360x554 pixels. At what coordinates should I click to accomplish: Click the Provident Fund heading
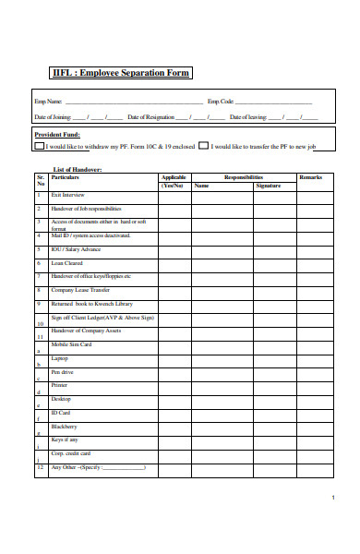click(x=58, y=133)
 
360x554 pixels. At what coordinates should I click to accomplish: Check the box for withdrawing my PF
click(x=39, y=146)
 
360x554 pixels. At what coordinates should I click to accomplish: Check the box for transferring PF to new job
click(x=204, y=146)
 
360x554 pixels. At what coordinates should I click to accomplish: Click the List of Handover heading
click(x=78, y=169)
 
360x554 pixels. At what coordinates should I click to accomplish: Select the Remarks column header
click(x=310, y=176)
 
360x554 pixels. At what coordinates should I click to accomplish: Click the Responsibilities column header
click(x=244, y=176)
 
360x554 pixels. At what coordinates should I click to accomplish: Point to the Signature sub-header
click(x=269, y=186)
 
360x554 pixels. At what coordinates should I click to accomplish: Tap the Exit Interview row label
click(x=69, y=195)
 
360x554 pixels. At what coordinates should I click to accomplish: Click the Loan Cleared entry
click(x=67, y=263)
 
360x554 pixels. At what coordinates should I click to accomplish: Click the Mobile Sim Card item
click(x=72, y=344)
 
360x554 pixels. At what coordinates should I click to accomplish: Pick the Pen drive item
click(x=62, y=371)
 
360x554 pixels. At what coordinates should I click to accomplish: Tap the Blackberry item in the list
click(x=65, y=427)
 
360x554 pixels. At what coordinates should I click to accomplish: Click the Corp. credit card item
click(x=71, y=453)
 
